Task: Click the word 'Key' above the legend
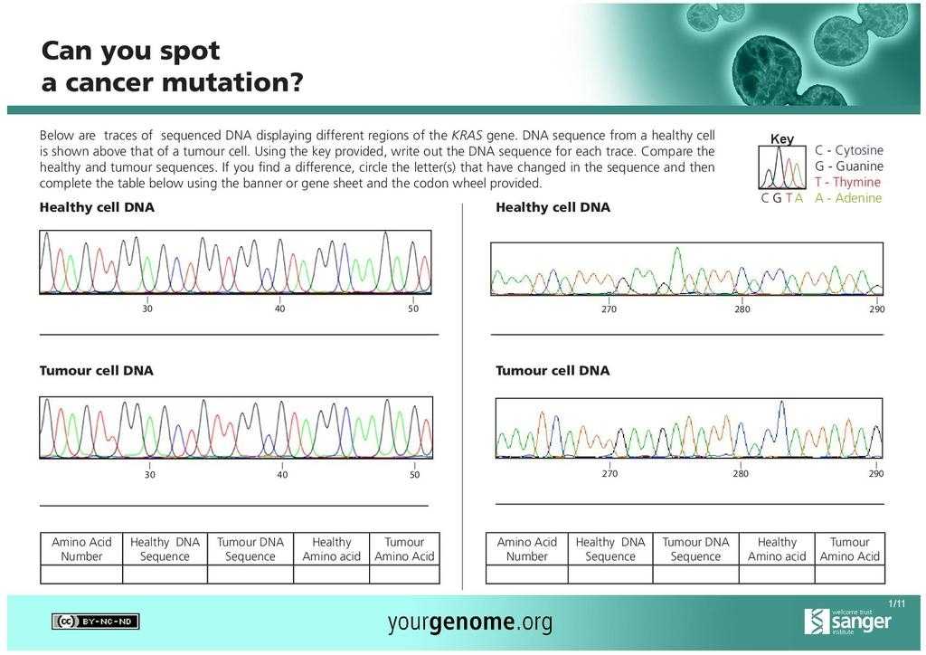click(x=782, y=138)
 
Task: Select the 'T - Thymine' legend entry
click(x=847, y=182)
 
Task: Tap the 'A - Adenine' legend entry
click(x=847, y=198)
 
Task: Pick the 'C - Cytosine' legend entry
click(x=848, y=150)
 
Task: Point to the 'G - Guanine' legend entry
click(x=848, y=166)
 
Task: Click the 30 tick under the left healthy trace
click(x=147, y=309)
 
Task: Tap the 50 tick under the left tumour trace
click(x=414, y=474)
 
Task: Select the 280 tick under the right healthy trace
click(x=742, y=309)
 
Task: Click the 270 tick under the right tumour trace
click(x=609, y=473)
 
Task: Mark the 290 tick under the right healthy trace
click(x=877, y=309)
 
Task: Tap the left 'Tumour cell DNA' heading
click(x=96, y=371)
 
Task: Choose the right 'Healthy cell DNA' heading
click(x=553, y=208)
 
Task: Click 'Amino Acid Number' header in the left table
click(x=81, y=549)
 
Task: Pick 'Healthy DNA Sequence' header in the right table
click(x=610, y=549)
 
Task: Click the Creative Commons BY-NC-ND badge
click(x=96, y=622)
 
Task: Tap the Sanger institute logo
click(x=847, y=621)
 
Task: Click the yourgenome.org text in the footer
click(x=469, y=622)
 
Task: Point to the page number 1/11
click(x=895, y=603)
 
